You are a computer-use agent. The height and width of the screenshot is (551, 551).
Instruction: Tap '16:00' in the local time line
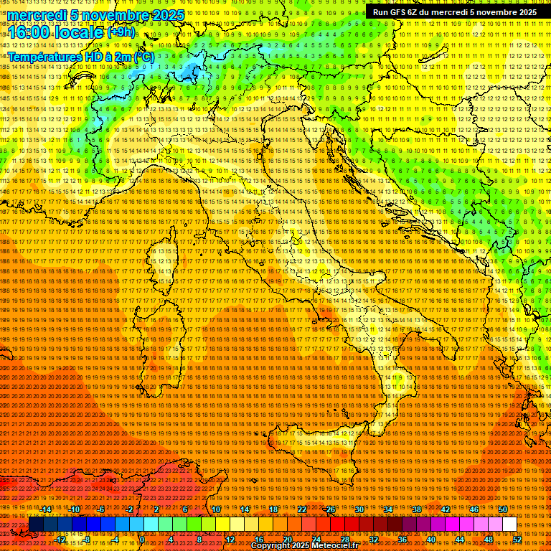[x=28, y=32]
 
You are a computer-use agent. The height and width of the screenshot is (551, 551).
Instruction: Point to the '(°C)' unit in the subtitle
[x=143, y=57]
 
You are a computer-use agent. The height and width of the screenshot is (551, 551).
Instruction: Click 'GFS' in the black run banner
[x=405, y=12]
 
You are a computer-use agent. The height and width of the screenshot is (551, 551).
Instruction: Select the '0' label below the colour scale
[x=142, y=539]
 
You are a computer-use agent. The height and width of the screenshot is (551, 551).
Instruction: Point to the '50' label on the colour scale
[x=503, y=509]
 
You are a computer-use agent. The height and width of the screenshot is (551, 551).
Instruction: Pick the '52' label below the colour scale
[x=517, y=539]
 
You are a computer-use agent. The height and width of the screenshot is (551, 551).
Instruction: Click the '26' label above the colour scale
[x=331, y=509]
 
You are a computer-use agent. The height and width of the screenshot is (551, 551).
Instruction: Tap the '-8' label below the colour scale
[x=87, y=539]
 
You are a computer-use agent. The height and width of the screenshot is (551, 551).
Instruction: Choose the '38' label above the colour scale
[x=417, y=509]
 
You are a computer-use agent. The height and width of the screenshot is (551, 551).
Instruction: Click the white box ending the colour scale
[x=509, y=524]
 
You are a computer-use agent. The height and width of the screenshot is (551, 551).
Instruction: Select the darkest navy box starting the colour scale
[x=36, y=524]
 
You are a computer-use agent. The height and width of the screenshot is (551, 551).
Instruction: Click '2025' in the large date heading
[x=167, y=15]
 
